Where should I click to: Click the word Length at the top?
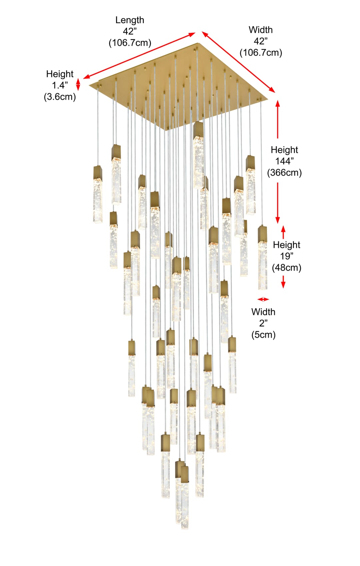(130, 20)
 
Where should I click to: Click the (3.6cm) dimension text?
(60, 97)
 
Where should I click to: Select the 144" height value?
(284, 161)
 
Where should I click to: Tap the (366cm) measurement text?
(284, 173)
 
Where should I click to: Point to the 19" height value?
(286, 256)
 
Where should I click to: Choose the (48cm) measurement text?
(286, 268)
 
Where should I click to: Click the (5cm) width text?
(263, 334)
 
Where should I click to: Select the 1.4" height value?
(60, 85)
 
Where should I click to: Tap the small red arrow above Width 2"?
(263, 299)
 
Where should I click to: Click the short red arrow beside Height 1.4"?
(78, 84)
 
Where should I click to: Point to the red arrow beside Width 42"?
(238, 62)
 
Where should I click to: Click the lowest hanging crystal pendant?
(185, 497)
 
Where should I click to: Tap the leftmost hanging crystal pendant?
(98, 194)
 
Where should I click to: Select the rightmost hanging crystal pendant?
(263, 258)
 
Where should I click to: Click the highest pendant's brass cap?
(198, 129)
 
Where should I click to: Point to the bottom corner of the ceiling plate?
(165, 130)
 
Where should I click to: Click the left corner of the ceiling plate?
(89, 85)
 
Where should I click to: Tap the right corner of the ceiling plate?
(268, 99)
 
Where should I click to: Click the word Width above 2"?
(263, 312)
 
